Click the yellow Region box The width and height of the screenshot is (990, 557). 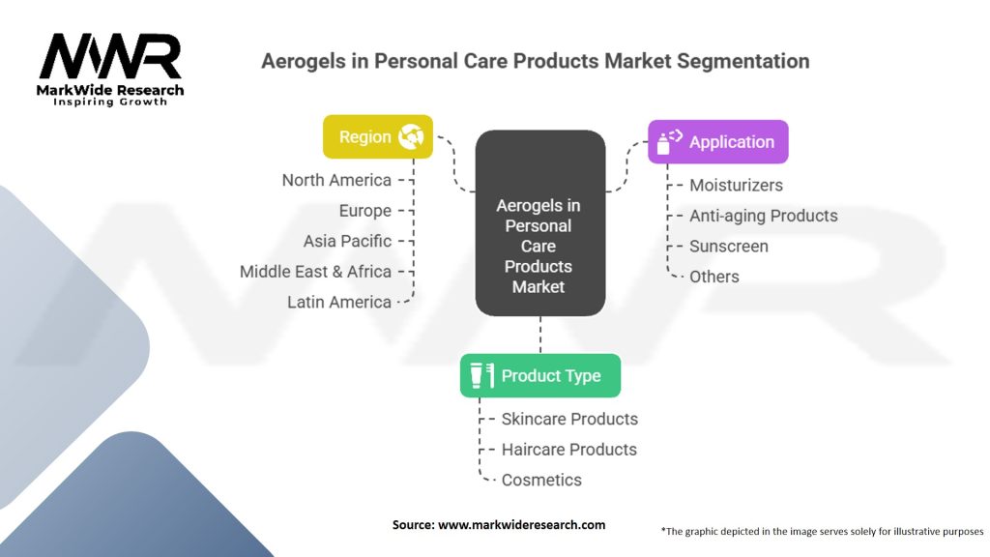[378, 136]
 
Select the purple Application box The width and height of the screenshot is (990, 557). [718, 141]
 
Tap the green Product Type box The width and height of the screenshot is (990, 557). [539, 376]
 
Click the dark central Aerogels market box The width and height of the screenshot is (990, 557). [539, 223]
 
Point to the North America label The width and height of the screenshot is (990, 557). [336, 180]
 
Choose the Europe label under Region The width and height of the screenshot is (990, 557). [364, 211]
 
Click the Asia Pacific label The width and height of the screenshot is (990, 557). [347, 241]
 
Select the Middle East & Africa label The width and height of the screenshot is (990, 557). [316, 272]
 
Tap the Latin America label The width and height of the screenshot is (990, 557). [339, 302]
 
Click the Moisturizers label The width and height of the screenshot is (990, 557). [736, 185]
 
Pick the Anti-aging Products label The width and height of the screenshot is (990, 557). [764, 216]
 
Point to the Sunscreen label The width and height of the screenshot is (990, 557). [729, 247]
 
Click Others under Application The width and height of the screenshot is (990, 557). [714, 277]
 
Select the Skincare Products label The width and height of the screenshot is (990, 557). [569, 419]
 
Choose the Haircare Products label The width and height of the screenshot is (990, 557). [568, 450]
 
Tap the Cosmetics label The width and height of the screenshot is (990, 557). [541, 480]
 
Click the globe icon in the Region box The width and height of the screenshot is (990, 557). [411, 136]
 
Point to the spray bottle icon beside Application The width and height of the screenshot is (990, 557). [669, 142]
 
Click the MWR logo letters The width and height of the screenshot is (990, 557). [110, 56]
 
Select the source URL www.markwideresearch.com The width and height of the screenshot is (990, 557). [521, 525]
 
